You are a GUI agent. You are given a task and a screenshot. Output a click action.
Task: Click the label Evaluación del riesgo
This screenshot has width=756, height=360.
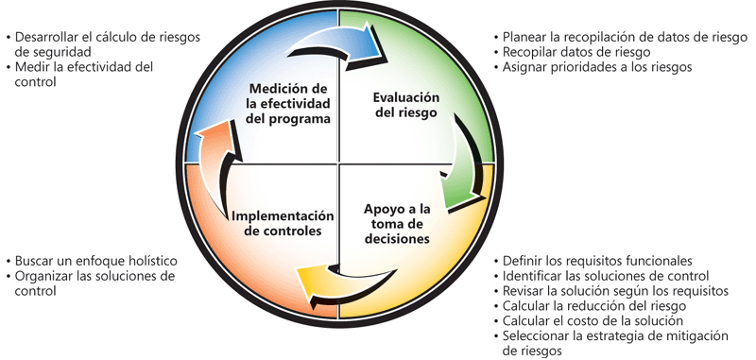point(406,105)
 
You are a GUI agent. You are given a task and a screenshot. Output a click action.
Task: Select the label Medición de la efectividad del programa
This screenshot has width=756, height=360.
point(288,104)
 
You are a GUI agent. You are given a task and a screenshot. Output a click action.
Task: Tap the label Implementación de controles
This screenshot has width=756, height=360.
point(283,223)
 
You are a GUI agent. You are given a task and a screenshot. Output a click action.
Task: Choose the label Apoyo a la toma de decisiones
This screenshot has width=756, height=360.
point(397,224)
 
